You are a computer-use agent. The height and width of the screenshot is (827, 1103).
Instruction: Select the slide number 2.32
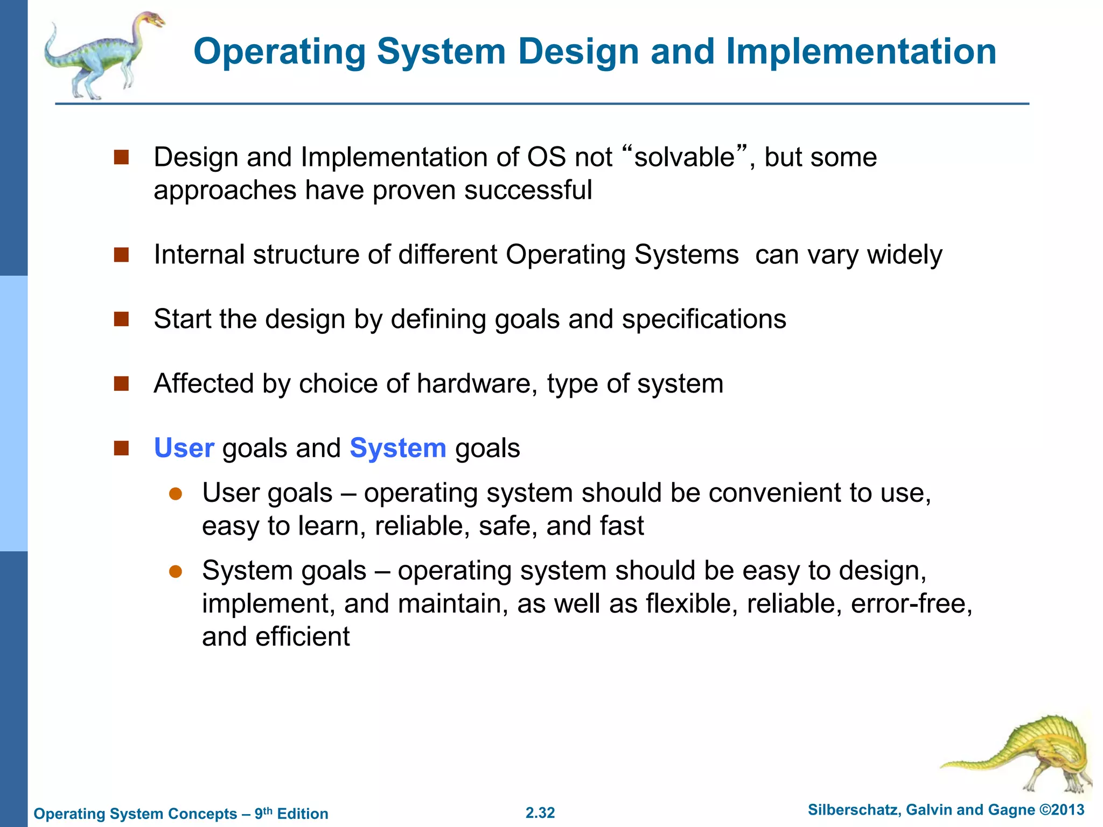(x=540, y=812)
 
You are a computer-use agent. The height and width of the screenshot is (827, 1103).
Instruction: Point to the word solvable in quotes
(x=684, y=158)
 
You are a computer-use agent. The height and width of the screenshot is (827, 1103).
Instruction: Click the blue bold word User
(x=184, y=448)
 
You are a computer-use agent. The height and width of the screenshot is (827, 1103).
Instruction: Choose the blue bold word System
(x=397, y=448)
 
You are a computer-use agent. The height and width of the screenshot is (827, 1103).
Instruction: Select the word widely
(x=904, y=255)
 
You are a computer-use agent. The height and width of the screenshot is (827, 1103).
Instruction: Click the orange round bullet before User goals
(x=176, y=494)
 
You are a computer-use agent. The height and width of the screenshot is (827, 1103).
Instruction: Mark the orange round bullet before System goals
(x=176, y=571)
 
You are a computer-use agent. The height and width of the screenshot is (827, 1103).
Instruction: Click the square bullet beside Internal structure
(x=121, y=255)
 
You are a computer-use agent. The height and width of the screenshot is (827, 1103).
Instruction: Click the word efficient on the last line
(x=302, y=637)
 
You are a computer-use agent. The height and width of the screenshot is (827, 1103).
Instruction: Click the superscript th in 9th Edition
(x=268, y=810)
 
